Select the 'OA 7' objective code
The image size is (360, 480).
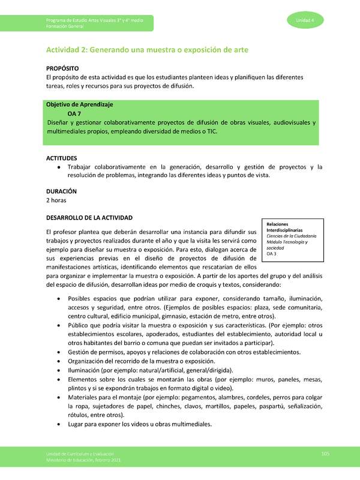pyautogui.click(x=74, y=113)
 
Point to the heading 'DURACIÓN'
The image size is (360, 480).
pyautogui.click(x=61, y=191)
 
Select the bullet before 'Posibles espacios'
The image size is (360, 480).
pyautogui.click(x=57, y=299)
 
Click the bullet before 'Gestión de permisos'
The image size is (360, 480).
pyautogui.click(x=57, y=352)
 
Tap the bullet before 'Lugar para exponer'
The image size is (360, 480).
pyautogui.click(x=57, y=424)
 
